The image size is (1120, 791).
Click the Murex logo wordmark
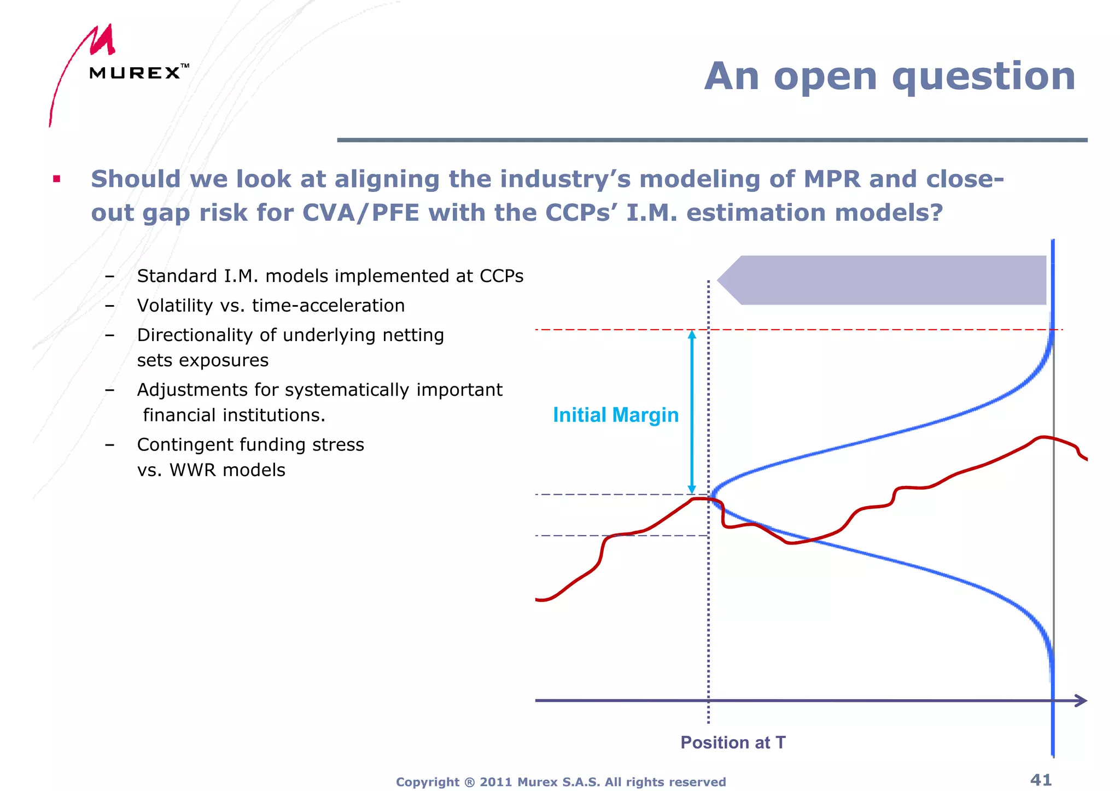coord(135,73)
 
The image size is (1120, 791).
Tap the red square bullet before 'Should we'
coord(57,179)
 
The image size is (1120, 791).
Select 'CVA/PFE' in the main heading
coord(360,213)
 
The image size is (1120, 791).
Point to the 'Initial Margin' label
coord(615,415)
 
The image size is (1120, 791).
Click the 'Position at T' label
coord(733,742)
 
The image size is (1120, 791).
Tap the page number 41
coord(1041,780)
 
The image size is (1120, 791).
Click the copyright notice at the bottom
coord(561,782)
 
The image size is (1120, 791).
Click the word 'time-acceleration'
coord(328,306)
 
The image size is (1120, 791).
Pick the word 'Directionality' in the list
coord(195,335)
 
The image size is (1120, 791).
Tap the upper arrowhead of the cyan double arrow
coord(692,334)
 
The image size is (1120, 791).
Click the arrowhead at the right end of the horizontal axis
coord(1081,701)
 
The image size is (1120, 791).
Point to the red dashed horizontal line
coord(875,330)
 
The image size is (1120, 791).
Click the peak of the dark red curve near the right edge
coord(1043,437)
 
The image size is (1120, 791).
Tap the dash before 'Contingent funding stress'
coord(110,445)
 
